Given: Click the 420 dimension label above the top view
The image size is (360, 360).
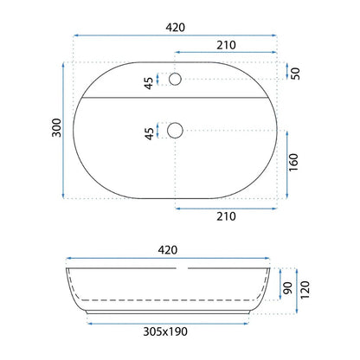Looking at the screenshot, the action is (176, 28).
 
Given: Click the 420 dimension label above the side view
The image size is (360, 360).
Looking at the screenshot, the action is (168, 250).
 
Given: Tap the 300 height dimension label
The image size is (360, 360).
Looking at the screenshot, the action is (57, 127).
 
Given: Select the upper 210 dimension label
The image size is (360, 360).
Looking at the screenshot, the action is (226, 45).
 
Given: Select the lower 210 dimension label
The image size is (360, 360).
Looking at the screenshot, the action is (226, 216).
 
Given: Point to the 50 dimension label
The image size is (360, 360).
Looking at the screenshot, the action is (295, 74).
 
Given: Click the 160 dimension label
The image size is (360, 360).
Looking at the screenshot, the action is (293, 162).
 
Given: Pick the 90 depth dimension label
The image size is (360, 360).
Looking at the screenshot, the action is (287, 288).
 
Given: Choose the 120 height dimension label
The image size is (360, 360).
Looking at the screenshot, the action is (305, 290).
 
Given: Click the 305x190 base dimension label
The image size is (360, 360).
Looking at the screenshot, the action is (165, 331).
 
